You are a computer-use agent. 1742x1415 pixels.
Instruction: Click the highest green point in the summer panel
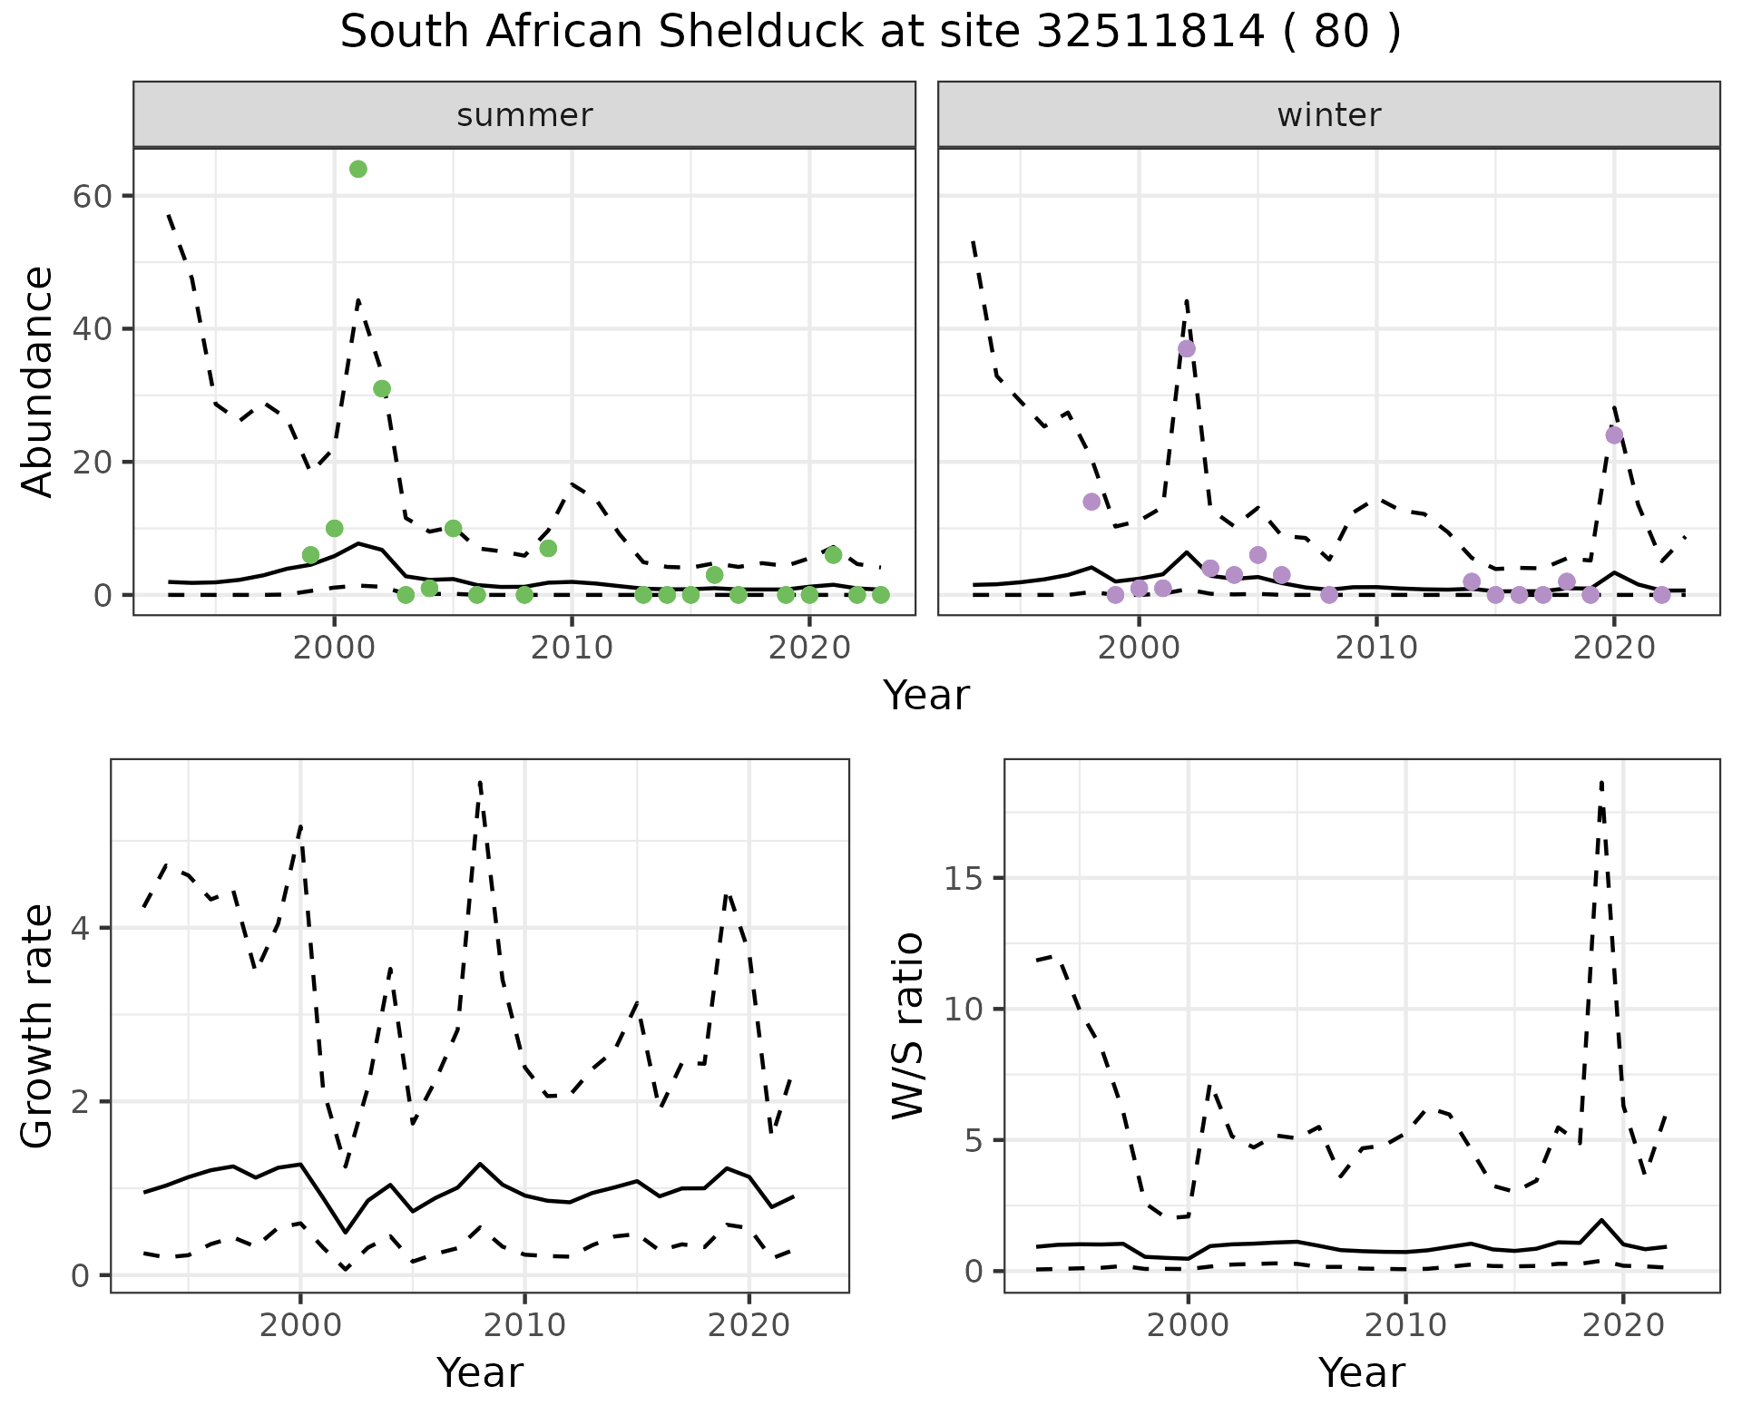pos(358,170)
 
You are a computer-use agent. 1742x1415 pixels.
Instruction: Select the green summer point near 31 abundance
pos(382,389)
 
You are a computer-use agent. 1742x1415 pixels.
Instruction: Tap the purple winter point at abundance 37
pos(1187,349)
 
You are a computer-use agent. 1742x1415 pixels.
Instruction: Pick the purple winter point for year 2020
pos(1614,435)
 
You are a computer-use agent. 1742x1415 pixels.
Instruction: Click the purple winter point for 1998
pos(1091,502)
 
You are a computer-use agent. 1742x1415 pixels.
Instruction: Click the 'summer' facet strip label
pos(524,115)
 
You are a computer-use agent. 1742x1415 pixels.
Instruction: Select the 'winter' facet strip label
pos(1328,115)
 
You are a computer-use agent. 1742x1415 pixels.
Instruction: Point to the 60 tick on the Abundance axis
pos(92,196)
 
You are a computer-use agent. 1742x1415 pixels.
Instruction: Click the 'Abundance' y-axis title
pos(38,381)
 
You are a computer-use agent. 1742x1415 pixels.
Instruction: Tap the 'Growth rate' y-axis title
pos(38,1026)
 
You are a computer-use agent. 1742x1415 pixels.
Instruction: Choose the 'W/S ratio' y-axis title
pos(907,1026)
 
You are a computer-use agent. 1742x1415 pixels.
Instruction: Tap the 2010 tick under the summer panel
pos(572,648)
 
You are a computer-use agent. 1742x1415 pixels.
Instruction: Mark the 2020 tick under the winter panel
pos(1614,648)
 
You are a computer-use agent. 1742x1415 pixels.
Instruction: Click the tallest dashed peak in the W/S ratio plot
pos(1602,782)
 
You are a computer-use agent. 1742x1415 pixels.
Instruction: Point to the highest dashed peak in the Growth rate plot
pos(479,782)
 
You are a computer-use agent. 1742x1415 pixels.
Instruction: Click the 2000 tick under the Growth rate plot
pos(299,1325)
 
